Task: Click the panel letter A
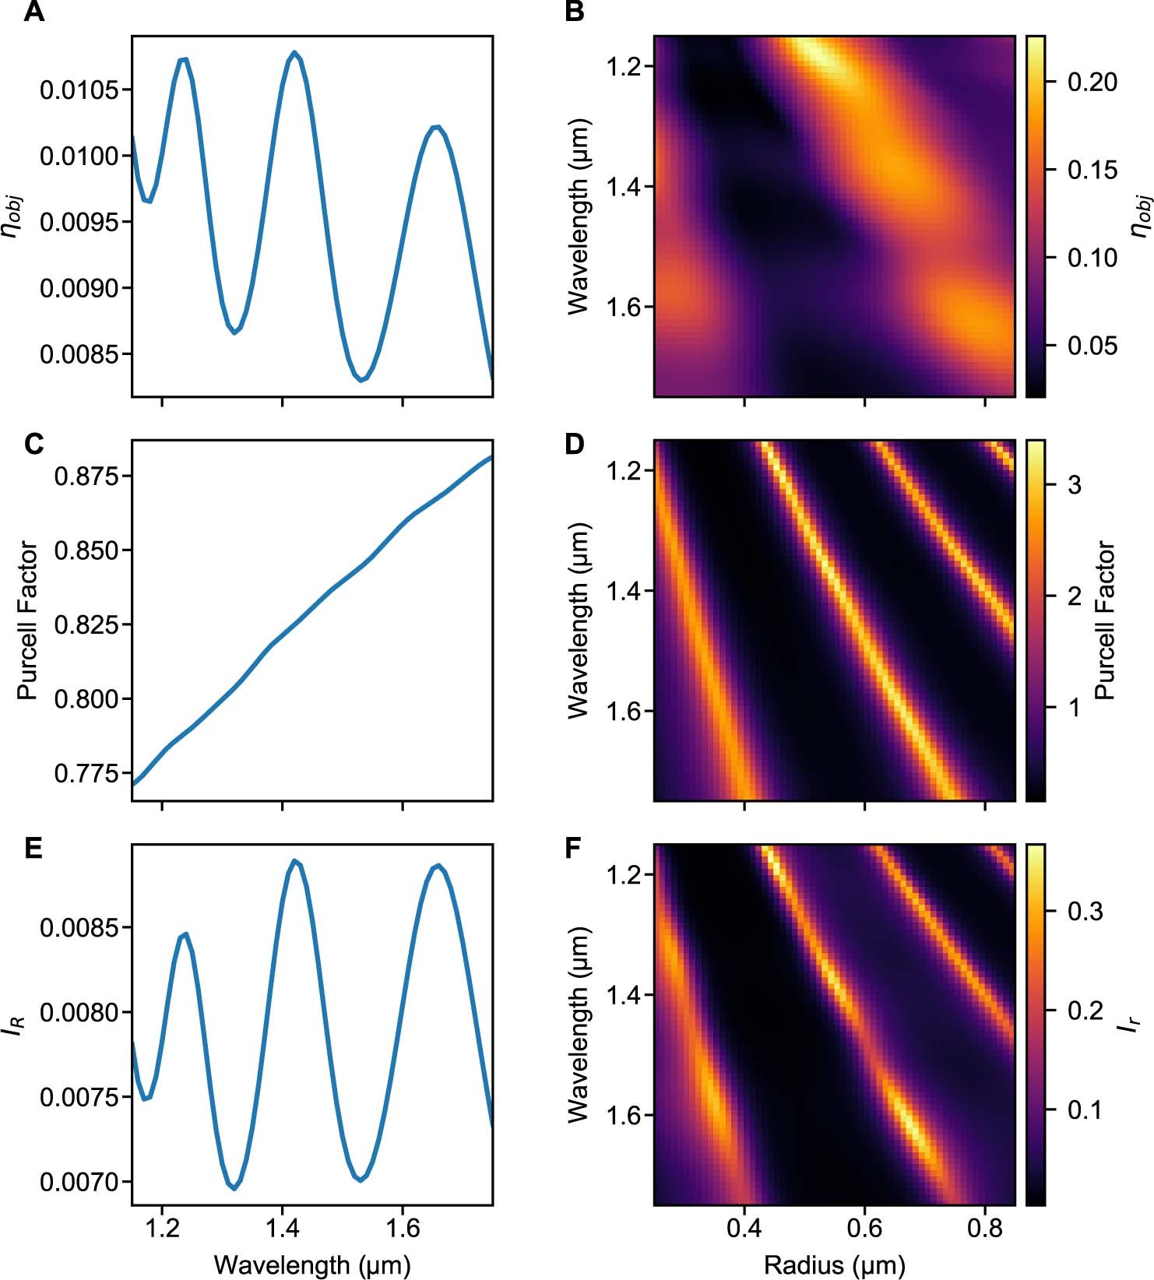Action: pos(33,13)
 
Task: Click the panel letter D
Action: pos(575,444)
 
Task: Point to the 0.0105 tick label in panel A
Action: pos(80,90)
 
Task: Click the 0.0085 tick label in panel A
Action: pos(80,354)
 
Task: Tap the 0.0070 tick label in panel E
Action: pos(80,1182)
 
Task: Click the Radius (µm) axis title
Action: pos(835,1264)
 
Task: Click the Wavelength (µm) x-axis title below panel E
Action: pos(312,1264)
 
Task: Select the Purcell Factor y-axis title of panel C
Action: pos(27,621)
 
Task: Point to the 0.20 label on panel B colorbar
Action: pos(1092,82)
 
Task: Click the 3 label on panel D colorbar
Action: pos(1075,486)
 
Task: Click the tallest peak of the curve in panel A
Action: pos(294,53)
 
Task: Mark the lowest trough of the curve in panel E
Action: pos(234,1188)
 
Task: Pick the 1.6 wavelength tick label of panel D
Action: pos(624,712)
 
